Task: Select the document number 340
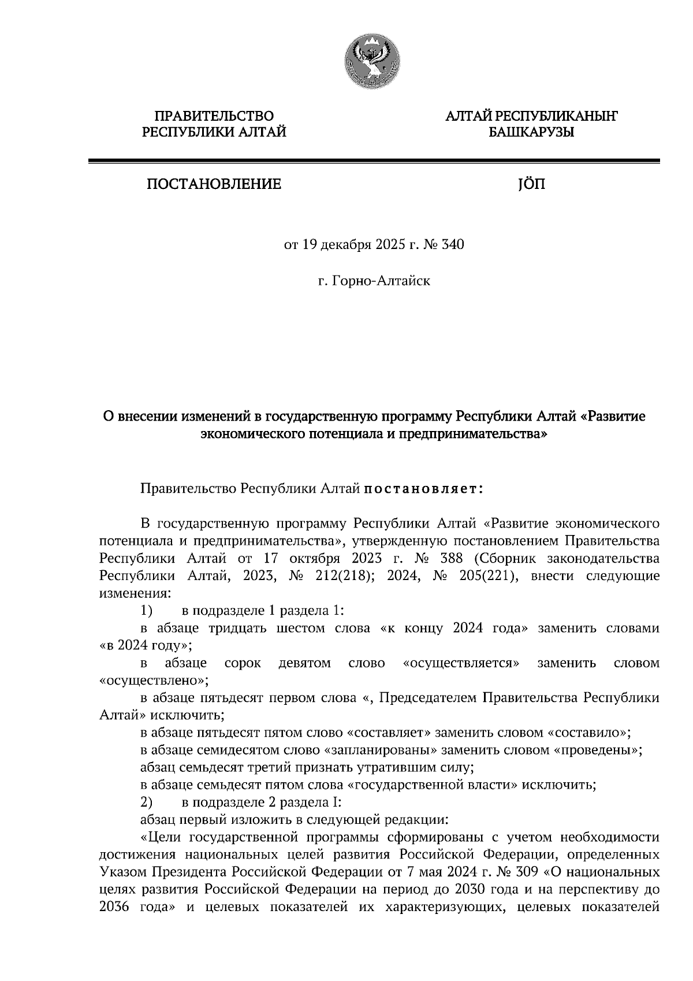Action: point(453,245)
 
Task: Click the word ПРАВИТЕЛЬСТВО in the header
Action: point(214,117)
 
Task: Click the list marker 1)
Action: point(146,611)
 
